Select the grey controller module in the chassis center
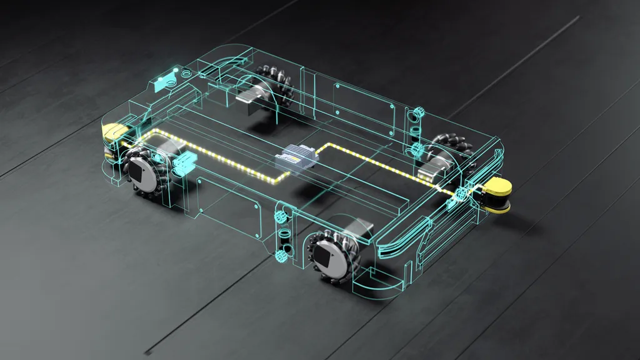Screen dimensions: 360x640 (x=297, y=157)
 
